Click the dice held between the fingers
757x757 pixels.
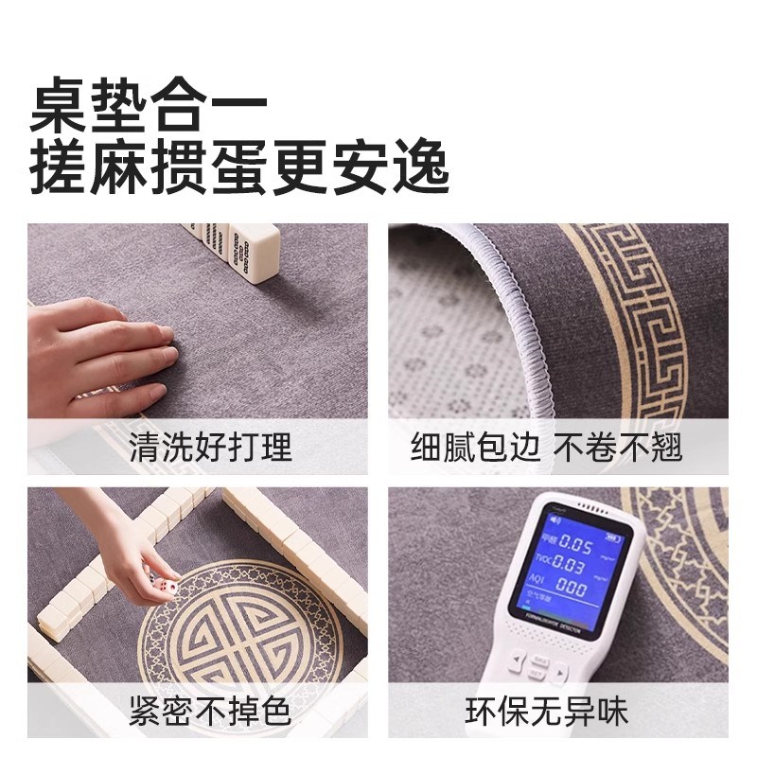[x=168, y=589]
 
